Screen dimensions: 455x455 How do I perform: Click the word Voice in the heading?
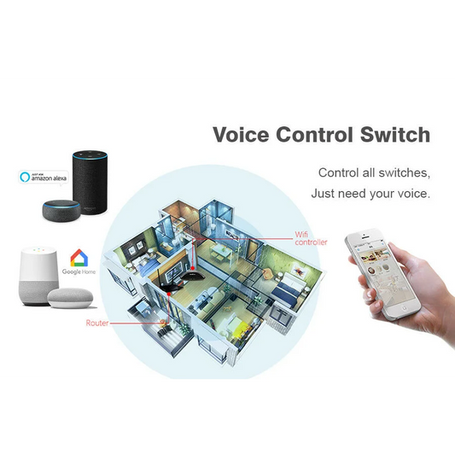pyautogui.click(x=241, y=135)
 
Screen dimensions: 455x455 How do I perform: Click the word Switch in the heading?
pyautogui.click(x=395, y=135)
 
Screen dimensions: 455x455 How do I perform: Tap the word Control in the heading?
pyautogui.click(x=314, y=135)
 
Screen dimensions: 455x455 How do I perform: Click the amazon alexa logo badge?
pyautogui.click(x=44, y=177)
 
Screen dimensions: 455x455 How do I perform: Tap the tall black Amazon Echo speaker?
pyautogui.click(x=90, y=182)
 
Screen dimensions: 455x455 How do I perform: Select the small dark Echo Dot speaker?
pyautogui.click(x=61, y=209)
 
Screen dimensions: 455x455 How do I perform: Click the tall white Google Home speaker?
pyautogui.click(x=39, y=276)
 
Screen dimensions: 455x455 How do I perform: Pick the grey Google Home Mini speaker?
pyautogui.click(x=70, y=298)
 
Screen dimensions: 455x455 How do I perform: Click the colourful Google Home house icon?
pyautogui.click(x=79, y=258)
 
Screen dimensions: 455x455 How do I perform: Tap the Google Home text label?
pyautogui.click(x=79, y=271)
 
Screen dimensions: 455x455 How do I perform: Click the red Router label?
pyautogui.click(x=97, y=323)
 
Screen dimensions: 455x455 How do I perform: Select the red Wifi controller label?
pyautogui.click(x=311, y=238)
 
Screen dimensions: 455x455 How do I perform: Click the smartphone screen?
pyautogui.click(x=383, y=275)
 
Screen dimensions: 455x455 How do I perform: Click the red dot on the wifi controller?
pyautogui.click(x=193, y=268)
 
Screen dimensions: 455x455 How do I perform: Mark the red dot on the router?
pyautogui.click(x=168, y=294)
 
